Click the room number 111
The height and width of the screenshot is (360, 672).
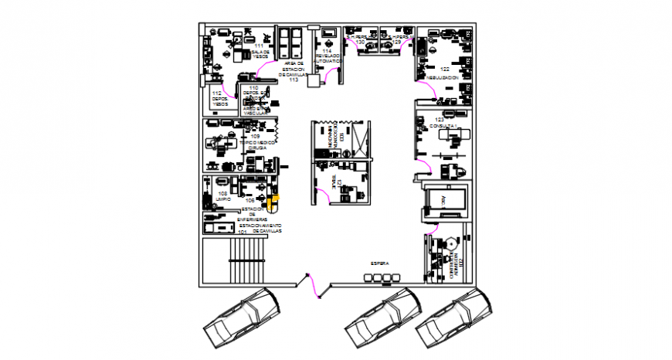tap(258, 46)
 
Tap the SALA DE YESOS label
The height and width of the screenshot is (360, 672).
tap(260, 54)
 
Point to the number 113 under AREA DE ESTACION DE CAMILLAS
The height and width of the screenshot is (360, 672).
tap(294, 79)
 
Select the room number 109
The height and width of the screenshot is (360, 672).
tap(255, 137)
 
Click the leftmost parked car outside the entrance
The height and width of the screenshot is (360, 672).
tap(242, 319)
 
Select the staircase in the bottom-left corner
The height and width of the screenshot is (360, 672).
tap(248, 260)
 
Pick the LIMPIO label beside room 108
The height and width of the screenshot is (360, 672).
tap(223, 199)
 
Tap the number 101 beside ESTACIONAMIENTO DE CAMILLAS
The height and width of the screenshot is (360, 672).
tap(243, 231)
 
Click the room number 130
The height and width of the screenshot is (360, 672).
tap(360, 41)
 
